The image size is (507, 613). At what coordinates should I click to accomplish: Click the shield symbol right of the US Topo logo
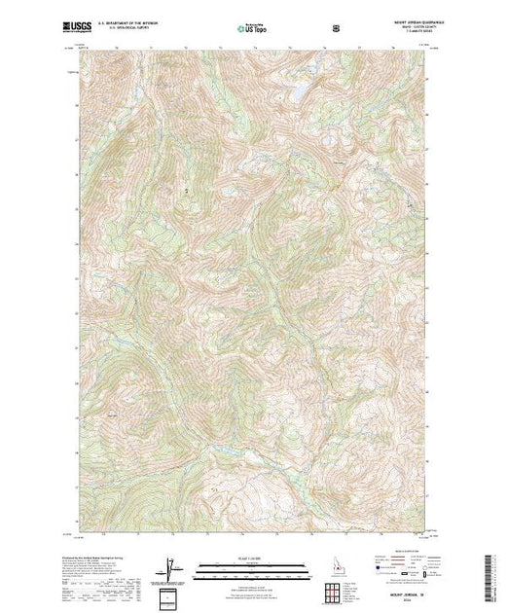click(337, 28)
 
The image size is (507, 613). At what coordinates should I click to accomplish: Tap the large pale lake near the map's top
click(299, 89)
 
